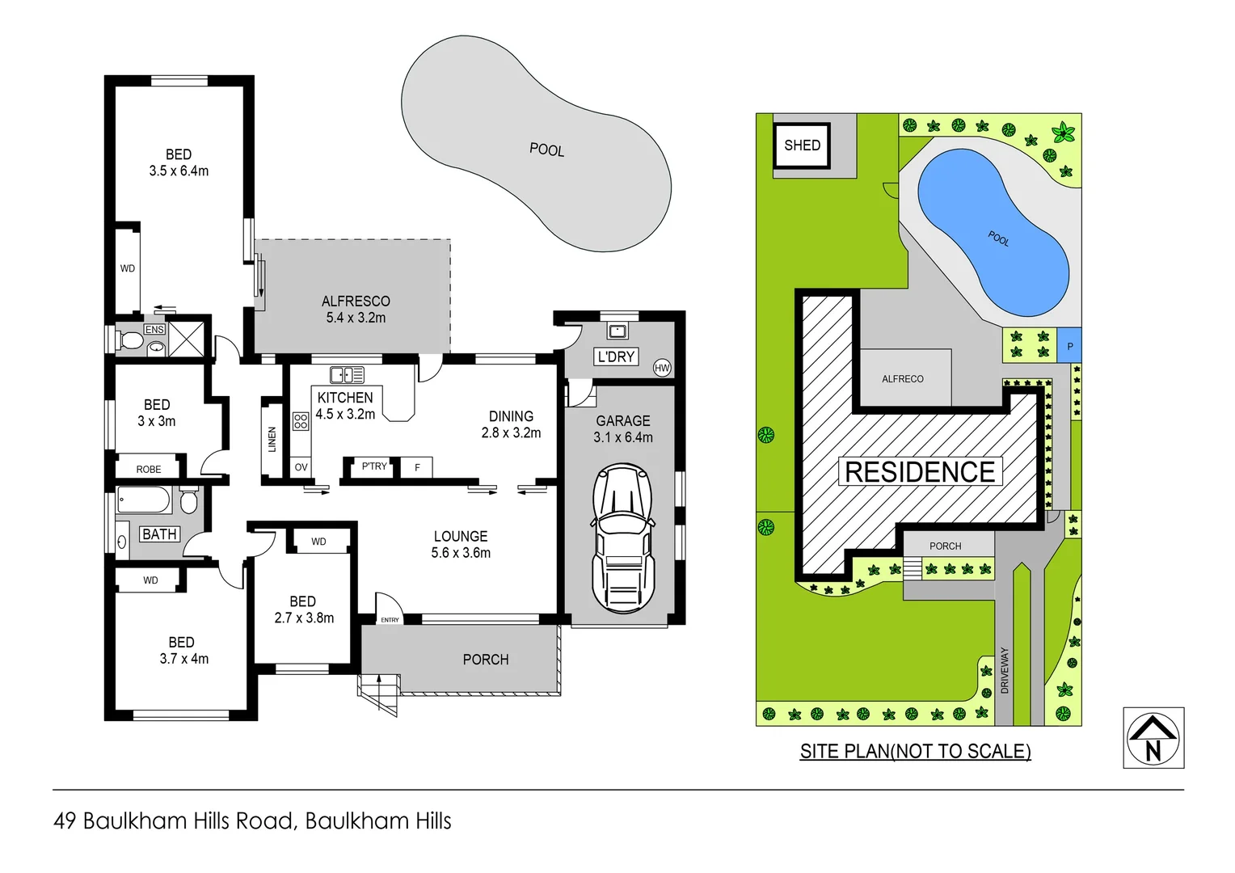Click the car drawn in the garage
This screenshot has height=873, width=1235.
[622, 538]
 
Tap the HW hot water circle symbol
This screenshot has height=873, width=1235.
[662, 368]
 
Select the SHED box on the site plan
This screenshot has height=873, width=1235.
[802, 145]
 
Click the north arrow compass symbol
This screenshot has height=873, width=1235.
[1153, 738]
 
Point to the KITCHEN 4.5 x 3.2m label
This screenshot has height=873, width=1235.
[345, 406]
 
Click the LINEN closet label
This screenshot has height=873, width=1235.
[272, 439]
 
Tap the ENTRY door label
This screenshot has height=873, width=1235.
[390, 620]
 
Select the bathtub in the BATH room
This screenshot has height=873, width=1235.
[145, 500]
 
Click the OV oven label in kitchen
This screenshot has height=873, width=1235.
[301, 467]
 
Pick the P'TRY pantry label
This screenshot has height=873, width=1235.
[374, 466]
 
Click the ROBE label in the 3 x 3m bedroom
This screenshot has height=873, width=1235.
[149, 469]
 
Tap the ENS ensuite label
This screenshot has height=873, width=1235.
[154, 330]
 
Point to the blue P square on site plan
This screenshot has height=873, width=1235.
[1069, 346]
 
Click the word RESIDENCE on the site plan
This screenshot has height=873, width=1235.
[920, 472]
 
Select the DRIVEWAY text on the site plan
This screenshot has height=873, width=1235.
[1005, 670]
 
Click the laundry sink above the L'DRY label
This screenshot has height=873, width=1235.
[617, 331]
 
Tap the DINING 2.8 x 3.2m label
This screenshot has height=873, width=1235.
[511, 424]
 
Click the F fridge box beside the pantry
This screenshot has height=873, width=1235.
[417, 467]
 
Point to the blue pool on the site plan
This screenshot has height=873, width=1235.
[993, 232]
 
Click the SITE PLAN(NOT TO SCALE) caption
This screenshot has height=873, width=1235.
[915, 751]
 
